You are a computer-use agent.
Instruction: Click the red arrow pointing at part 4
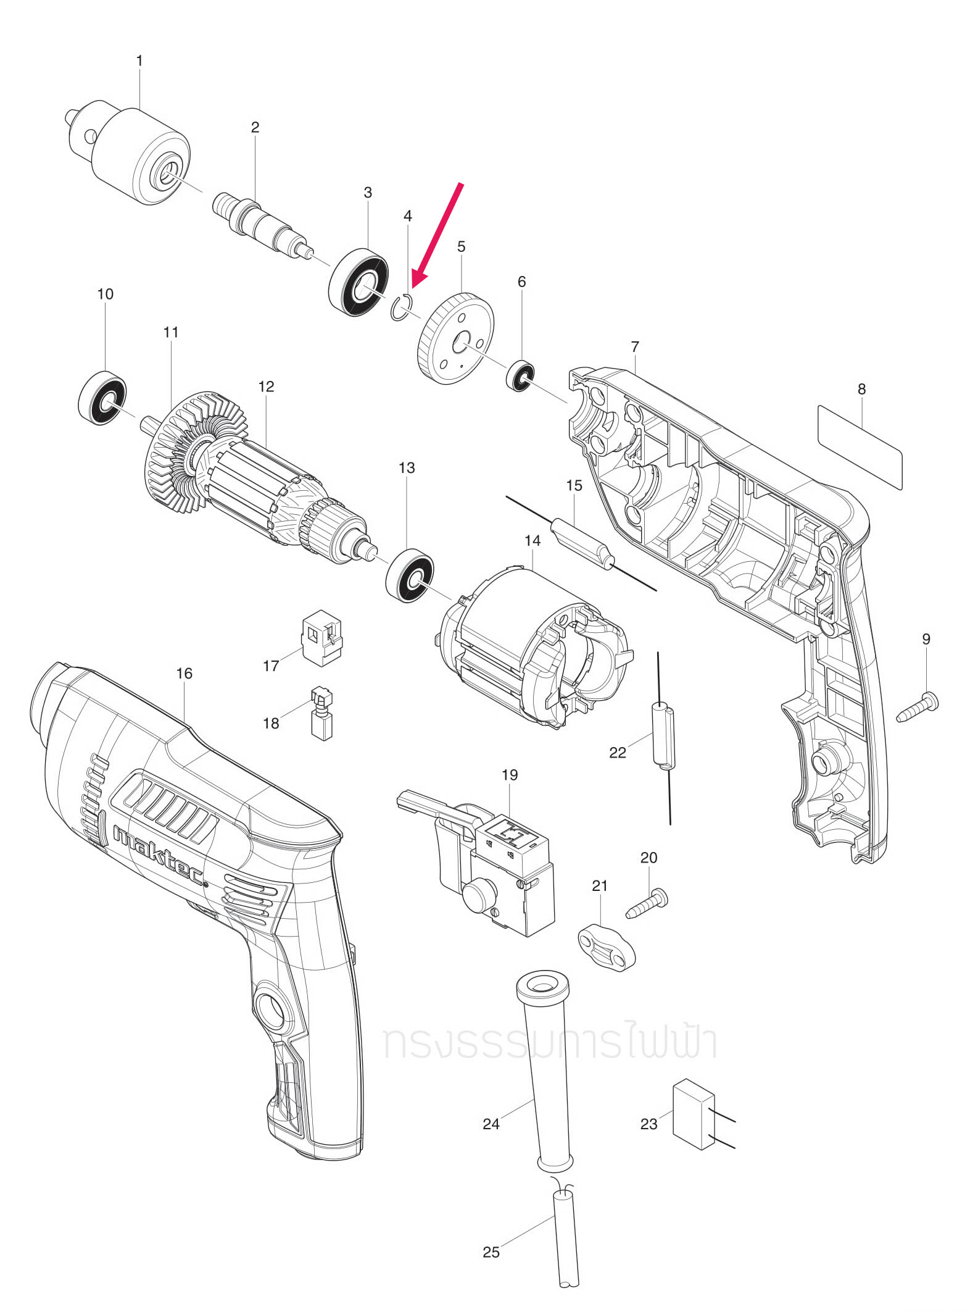pyautogui.click(x=438, y=235)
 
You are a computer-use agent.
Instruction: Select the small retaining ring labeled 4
pyautogui.click(x=402, y=308)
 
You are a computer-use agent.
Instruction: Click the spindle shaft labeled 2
pyautogui.click(x=259, y=223)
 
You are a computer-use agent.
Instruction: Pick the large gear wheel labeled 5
pyautogui.click(x=456, y=339)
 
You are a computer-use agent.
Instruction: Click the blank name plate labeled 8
pyautogui.click(x=860, y=447)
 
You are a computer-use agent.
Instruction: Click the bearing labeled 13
pyautogui.click(x=410, y=575)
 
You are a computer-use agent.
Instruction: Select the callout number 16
pyautogui.click(x=184, y=673)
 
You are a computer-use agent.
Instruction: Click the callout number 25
pyautogui.click(x=491, y=1251)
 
